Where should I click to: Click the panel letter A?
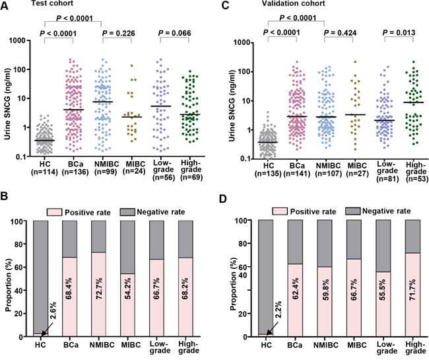click(5, 5)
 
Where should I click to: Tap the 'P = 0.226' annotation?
click(118, 34)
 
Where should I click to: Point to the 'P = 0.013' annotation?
click(399, 32)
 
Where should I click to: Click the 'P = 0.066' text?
click(174, 34)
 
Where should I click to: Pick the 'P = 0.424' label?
click(340, 33)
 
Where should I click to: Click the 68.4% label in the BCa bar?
click(69, 289)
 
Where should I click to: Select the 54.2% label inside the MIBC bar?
click(127, 289)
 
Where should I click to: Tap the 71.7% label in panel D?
click(412, 289)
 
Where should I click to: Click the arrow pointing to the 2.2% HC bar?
click(272, 328)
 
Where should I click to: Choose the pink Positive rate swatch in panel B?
click(55, 212)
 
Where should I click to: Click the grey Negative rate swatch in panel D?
click(352, 211)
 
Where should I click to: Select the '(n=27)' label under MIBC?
click(357, 174)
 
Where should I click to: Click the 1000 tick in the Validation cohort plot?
click(241, 43)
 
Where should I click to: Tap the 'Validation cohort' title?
click(294, 3)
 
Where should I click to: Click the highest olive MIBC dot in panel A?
click(131, 65)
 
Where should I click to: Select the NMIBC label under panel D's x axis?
click(328, 345)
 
